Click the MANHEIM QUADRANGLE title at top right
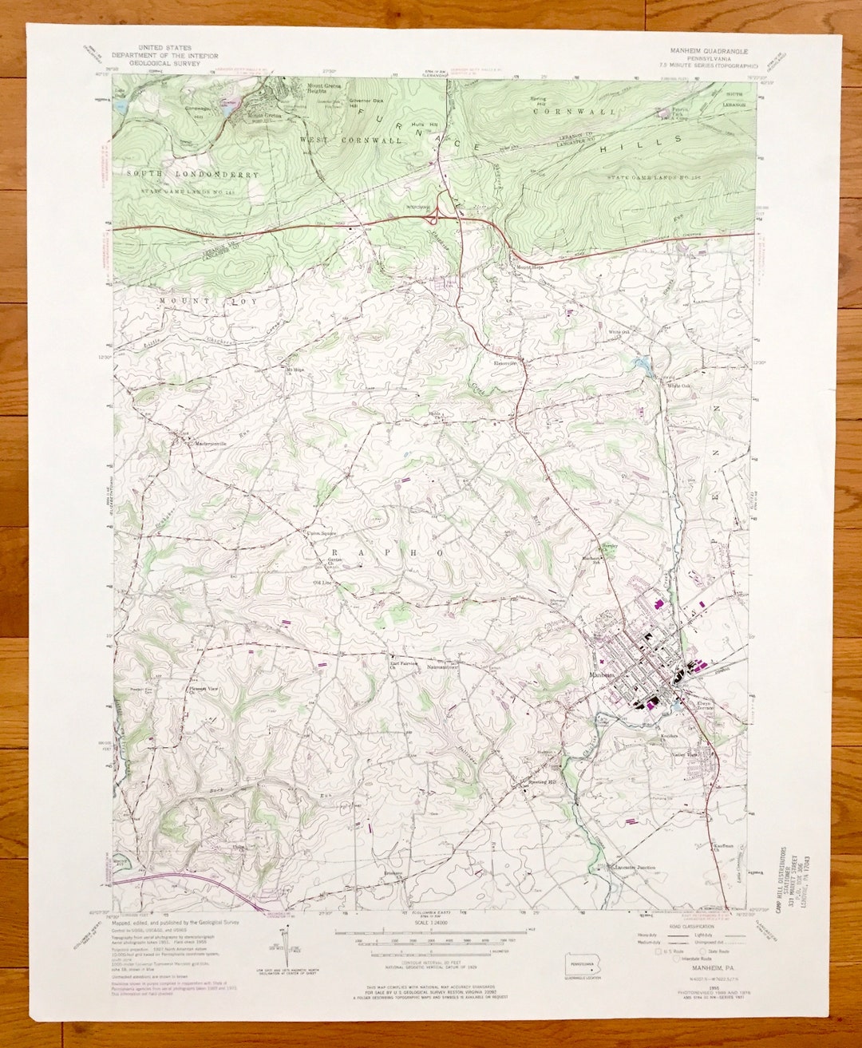point(703,49)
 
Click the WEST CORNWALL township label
point(350,140)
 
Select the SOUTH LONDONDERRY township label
point(192,174)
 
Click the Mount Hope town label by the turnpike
point(531,267)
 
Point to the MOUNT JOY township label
point(196,301)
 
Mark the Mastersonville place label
point(206,443)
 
